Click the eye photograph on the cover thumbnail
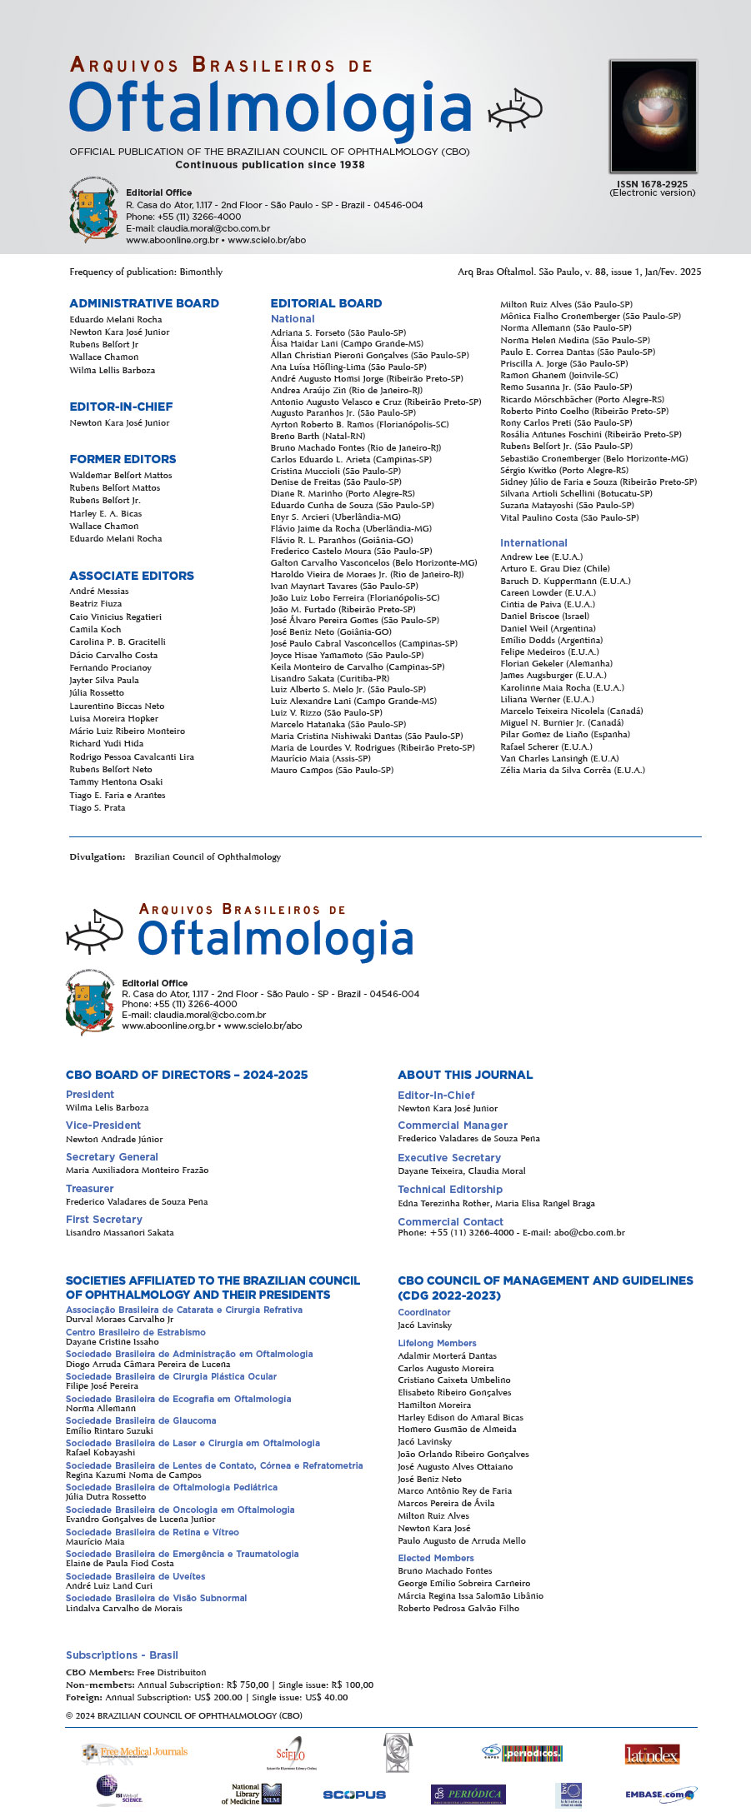coord(653,116)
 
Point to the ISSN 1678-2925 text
coord(652,184)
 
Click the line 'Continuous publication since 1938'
coord(270,165)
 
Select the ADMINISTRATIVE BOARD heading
coord(144,303)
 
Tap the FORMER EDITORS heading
coord(123,459)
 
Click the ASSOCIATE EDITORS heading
coord(132,576)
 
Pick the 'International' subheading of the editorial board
coord(533,542)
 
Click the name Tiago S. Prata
coord(98,807)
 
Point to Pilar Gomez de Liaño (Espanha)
coord(565,734)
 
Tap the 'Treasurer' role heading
coord(90,1189)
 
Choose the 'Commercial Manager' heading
coord(453,1126)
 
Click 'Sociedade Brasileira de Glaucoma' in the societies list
coord(141,1420)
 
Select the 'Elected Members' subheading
coord(436,1558)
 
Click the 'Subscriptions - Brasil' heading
coord(122,1655)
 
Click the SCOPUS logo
coord(354,1795)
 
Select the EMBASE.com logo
coord(661,1794)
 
